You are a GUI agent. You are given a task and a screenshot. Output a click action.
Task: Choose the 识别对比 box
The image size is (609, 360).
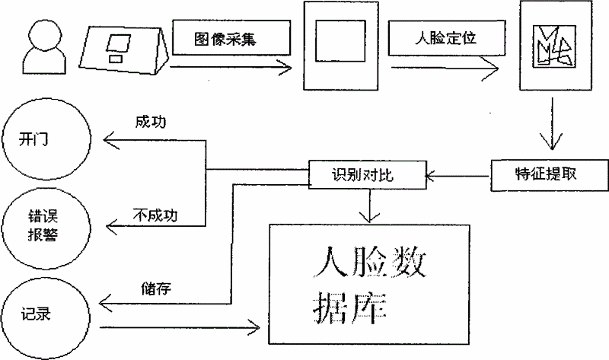(365, 176)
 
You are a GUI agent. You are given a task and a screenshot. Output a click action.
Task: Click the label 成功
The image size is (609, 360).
(149, 124)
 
